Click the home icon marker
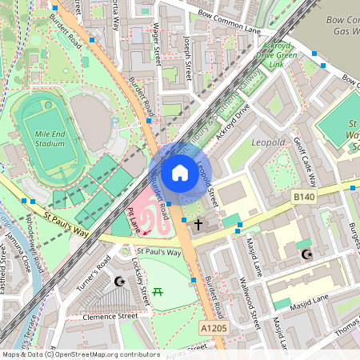[x=180, y=173]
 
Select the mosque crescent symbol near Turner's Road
[x=120, y=282]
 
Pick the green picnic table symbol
[x=158, y=292]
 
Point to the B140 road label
[x=303, y=197]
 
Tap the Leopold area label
[x=268, y=142]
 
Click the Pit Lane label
[x=134, y=221]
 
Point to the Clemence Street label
[x=112, y=317]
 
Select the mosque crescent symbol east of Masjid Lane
[x=305, y=254]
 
